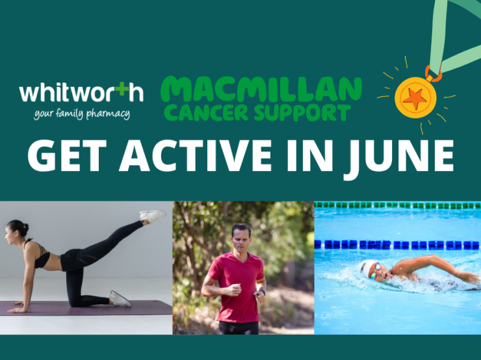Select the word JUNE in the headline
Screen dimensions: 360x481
(399, 157)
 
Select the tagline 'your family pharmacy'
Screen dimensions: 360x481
(82, 114)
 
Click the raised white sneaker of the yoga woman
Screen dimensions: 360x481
(153, 215)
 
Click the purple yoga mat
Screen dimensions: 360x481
(84, 308)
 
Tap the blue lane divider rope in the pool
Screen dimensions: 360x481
(396, 244)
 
